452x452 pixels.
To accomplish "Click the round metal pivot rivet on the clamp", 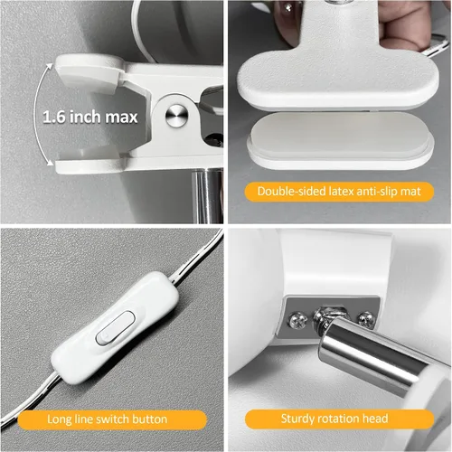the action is (177, 116).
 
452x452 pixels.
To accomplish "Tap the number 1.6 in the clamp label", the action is (54, 117).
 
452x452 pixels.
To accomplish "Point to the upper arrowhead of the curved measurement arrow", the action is (50, 67).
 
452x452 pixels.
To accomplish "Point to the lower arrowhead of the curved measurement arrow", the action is (50, 163).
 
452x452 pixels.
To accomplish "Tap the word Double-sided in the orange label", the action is (292, 192).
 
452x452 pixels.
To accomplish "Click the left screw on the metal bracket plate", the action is (297, 321).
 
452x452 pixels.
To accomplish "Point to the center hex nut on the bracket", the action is (327, 316).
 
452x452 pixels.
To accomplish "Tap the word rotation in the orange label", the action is (334, 419).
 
